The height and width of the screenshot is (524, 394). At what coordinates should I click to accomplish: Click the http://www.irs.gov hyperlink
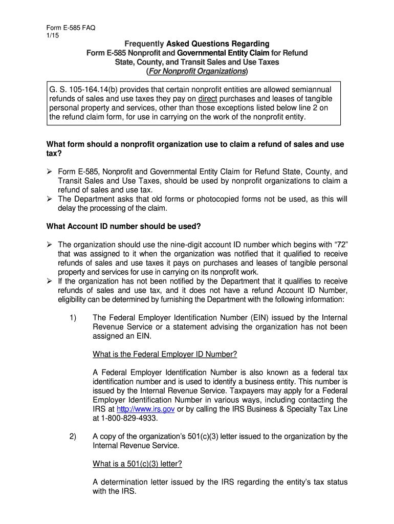[x=146, y=409]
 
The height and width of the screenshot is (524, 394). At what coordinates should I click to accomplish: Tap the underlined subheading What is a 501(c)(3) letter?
[x=137, y=464]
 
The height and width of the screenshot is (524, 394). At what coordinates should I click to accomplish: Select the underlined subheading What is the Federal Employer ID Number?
[x=165, y=354]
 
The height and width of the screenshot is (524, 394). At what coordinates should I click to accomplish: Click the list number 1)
[x=73, y=318]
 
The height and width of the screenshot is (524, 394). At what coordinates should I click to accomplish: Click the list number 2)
[x=73, y=436]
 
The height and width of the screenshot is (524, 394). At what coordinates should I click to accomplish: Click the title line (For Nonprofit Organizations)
[x=197, y=71]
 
